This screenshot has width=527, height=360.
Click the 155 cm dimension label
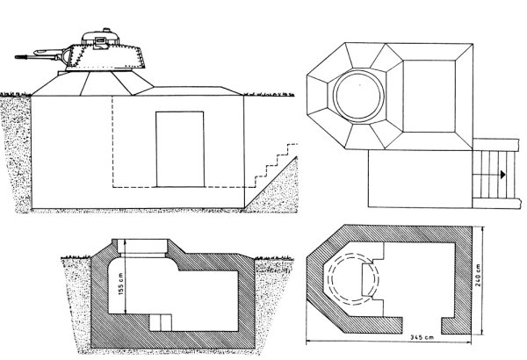[x=121, y=284]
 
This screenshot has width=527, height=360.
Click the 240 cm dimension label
[x=478, y=275]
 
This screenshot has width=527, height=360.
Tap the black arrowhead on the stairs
[x=502, y=175]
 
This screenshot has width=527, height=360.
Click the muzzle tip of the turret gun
[x=16, y=57]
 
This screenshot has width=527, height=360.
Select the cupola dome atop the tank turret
[x=101, y=37]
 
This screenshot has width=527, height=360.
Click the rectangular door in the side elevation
[x=180, y=149]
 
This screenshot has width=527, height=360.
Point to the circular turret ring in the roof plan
[x=359, y=96]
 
